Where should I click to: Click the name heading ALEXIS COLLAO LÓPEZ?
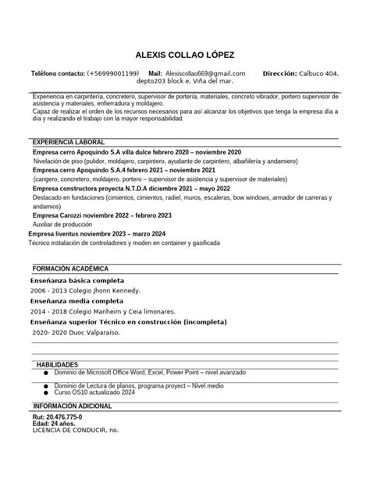pos(184,55)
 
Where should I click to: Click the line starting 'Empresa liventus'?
pos(98,233)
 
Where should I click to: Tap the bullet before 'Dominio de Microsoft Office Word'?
pos(46,374)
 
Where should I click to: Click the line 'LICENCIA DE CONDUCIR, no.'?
pos(75,430)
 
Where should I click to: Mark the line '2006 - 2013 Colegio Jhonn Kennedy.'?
pos(87,289)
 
